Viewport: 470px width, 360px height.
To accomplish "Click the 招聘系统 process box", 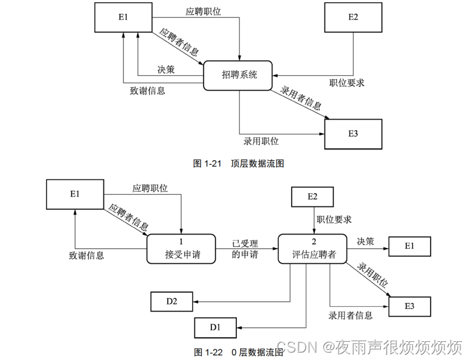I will pyautogui.click(x=239, y=75).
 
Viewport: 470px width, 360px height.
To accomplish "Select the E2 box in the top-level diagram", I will pyautogui.click(x=353, y=18).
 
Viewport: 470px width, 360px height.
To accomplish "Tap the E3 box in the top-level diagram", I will pyautogui.click(x=353, y=133).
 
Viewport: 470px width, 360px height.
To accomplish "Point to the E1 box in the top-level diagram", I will pyautogui.click(x=124, y=18).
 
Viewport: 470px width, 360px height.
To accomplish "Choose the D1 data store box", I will pyautogui.click(x=215, y=327).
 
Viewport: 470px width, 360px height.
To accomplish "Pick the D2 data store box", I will pyautogui.click(x=172, y=302).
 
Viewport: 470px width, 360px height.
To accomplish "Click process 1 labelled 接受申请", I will pyautogui.click(x=181, y=248).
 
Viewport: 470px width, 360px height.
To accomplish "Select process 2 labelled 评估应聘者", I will pyautogui.click(x=311, y=248).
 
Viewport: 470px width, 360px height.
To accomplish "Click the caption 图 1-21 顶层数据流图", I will pyautogui.click(x=238, y=164).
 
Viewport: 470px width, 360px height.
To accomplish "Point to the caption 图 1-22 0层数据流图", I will pyautogui.click(x=238, y=352).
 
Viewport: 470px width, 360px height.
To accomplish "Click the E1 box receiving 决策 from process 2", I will pyautogui.click(x=409, y=246).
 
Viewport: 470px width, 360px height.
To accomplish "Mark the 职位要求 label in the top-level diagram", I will pyautogui.click(x=347, y=83).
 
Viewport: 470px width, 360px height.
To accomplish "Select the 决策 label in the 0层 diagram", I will pyautogui.click(x=365, y=242).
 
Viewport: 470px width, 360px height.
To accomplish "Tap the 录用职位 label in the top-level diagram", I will pyautogui.click(x=261, y=141).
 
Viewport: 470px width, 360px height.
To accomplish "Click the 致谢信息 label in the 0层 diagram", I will pyautogui.click(x=86, y=255).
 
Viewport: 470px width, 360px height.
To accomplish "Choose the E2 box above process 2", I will pyautogui.click(x=312, y=197).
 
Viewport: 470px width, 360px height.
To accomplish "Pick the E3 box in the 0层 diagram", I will pyautogui.click(x=409, y=306).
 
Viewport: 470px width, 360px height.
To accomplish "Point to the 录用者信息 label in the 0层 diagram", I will pyautogui.click(x=351, y=315).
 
